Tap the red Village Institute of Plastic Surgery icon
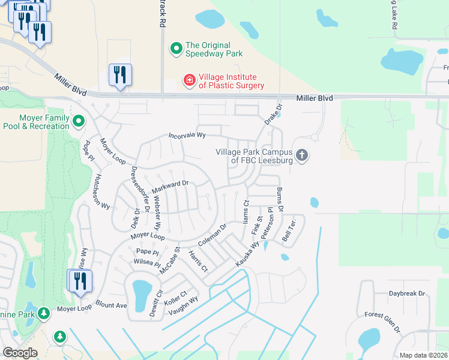click(x=189, y=80)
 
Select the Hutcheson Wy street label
click(x=101, y=191)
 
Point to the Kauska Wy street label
click(x=247, y=254)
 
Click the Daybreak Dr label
click(x=406, y=293)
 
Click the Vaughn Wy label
click(x=183, y=306)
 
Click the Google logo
click(x=20, y=353)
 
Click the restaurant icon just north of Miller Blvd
click(x=120, y=75)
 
